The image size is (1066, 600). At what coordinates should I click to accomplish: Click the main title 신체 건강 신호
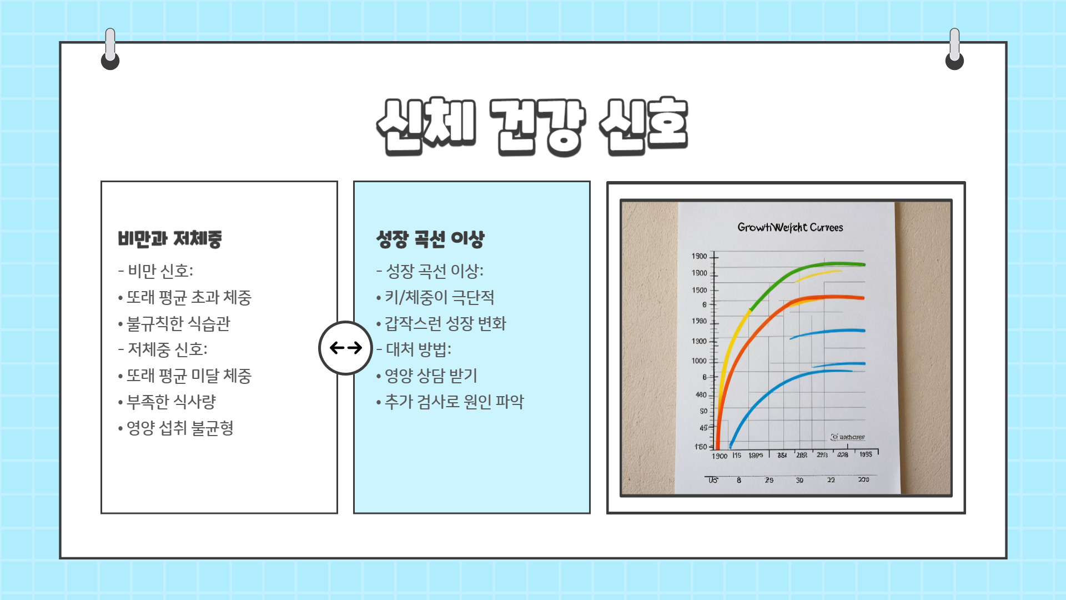click(532, 126)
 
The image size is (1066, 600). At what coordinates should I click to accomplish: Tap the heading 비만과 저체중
click(170, 239)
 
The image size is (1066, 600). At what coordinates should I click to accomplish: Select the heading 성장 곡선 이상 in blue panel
click(430, 239)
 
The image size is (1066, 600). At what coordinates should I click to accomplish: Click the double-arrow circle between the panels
click(345, 348)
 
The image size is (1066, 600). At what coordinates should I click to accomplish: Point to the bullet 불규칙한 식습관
click(178, 323)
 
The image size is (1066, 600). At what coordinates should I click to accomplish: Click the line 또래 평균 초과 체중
click(189, 297)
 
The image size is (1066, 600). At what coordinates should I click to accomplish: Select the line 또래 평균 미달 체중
click(189, 376)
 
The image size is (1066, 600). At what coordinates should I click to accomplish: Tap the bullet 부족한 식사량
click(171, 402)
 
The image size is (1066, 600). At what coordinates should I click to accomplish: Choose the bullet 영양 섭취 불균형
click(180, 428)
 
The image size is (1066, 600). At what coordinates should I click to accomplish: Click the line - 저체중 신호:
click(163, 349)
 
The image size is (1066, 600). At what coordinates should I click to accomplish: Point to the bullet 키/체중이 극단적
click(439, 297)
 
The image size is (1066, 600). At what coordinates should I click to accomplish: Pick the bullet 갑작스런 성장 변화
click(445, 323)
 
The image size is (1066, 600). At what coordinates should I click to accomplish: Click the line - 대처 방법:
click(414, 349)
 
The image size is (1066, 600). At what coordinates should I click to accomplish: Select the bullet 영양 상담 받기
click(431, 376)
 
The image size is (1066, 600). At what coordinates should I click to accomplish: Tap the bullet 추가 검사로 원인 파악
click(454, 402)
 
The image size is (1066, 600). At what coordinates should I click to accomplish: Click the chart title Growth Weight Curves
click(790, 227)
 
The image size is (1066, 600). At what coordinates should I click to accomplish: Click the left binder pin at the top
click(110, 50)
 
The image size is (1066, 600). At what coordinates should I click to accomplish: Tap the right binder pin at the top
click(954, 50)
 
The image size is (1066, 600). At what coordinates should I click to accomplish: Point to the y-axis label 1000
click(699, 361)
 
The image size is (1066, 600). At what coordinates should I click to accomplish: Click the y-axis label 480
click(701, 394)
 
